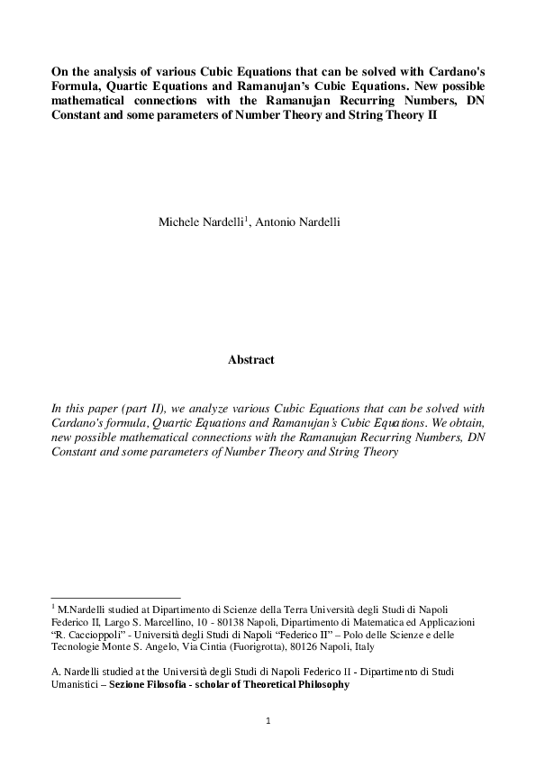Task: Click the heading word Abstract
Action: [250, 360]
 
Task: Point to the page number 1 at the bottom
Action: [268, 720]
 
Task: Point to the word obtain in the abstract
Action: [460, 424]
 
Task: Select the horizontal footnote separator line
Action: [116, 596]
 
